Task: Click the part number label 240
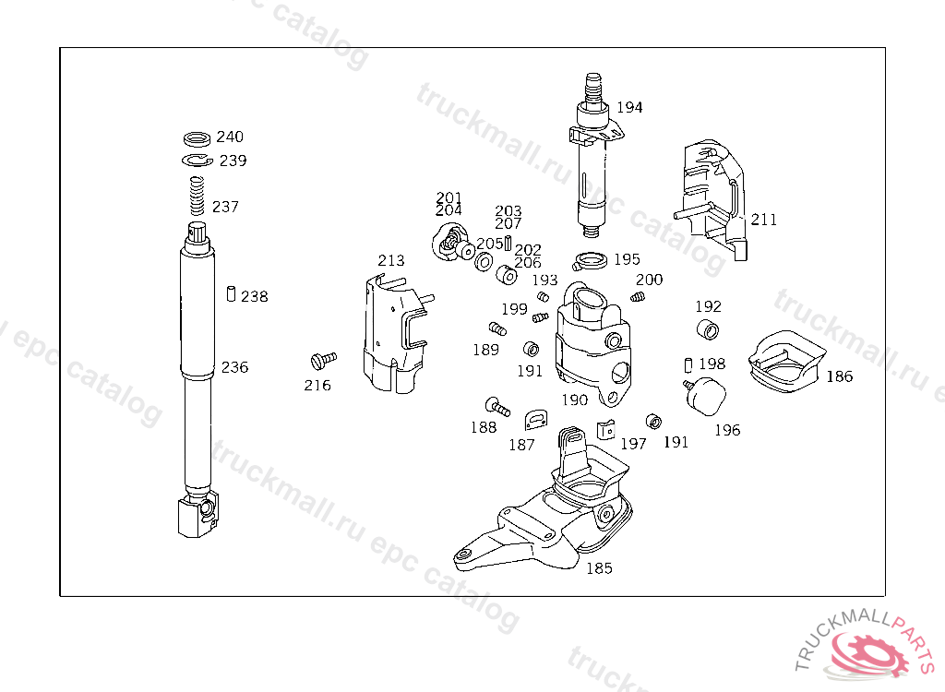230,137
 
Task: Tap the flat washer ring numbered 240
197,139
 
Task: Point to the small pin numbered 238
230,294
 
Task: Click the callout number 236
234,367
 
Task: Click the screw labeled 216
324,358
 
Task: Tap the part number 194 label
629,107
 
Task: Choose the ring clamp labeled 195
589,261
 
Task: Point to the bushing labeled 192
707,330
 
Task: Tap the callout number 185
599,568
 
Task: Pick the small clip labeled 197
605,429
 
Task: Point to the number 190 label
574,400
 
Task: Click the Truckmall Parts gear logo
870,653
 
